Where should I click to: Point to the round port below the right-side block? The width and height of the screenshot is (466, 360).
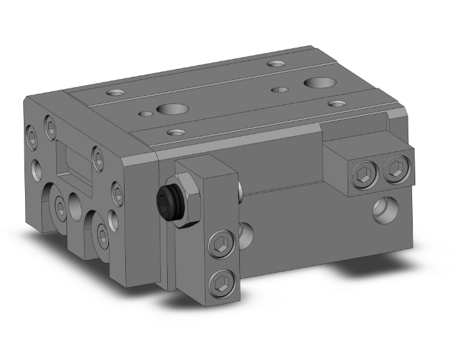point(382,210)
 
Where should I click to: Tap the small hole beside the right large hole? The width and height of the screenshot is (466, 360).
point(279,90)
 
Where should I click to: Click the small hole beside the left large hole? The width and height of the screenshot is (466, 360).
point(145,114)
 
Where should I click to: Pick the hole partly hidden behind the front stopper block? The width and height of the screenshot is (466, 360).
point(246,232)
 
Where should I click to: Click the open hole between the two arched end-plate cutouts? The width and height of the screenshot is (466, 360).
point(75,203)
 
